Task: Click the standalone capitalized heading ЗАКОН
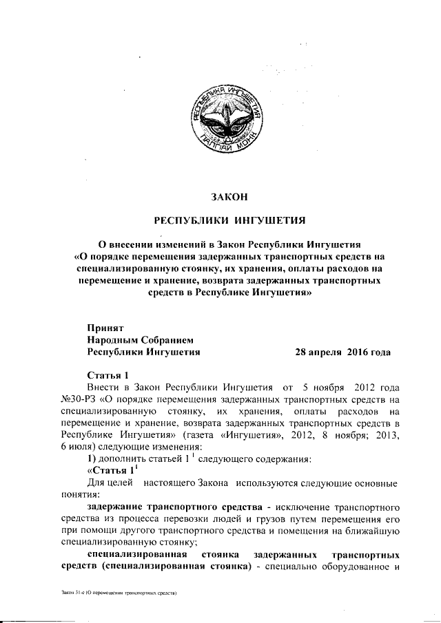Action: click(228, 198)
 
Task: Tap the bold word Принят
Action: click(105, 328)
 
